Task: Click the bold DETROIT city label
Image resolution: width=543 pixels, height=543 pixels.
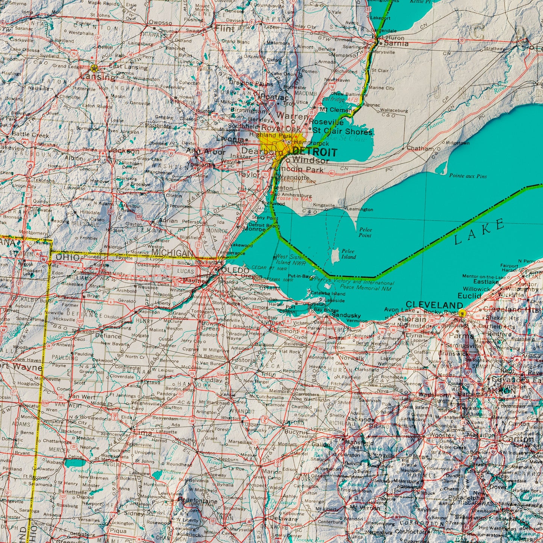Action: tap(315, 152)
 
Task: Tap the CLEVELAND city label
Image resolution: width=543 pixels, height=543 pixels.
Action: tap(434, 304)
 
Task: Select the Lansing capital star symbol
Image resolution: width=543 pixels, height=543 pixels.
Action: tap(94, 68)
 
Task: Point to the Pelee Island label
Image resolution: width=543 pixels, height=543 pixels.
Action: tap(348, 254)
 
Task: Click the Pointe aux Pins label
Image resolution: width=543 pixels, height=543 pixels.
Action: tap(468, 176)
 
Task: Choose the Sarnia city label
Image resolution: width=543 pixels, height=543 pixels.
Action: tap(393, 44)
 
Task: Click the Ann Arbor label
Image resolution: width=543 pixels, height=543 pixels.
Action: tap(206, 152)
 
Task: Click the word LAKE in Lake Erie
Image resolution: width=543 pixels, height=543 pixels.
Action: tap(479, 233)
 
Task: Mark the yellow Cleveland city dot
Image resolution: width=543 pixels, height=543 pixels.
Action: tap(463, 313)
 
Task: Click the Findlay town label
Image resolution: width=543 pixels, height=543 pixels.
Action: tap(212, 380)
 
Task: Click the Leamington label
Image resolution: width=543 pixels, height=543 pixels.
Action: tap(360, 209)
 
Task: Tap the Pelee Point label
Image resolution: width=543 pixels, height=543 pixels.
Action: tap(365, 232)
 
